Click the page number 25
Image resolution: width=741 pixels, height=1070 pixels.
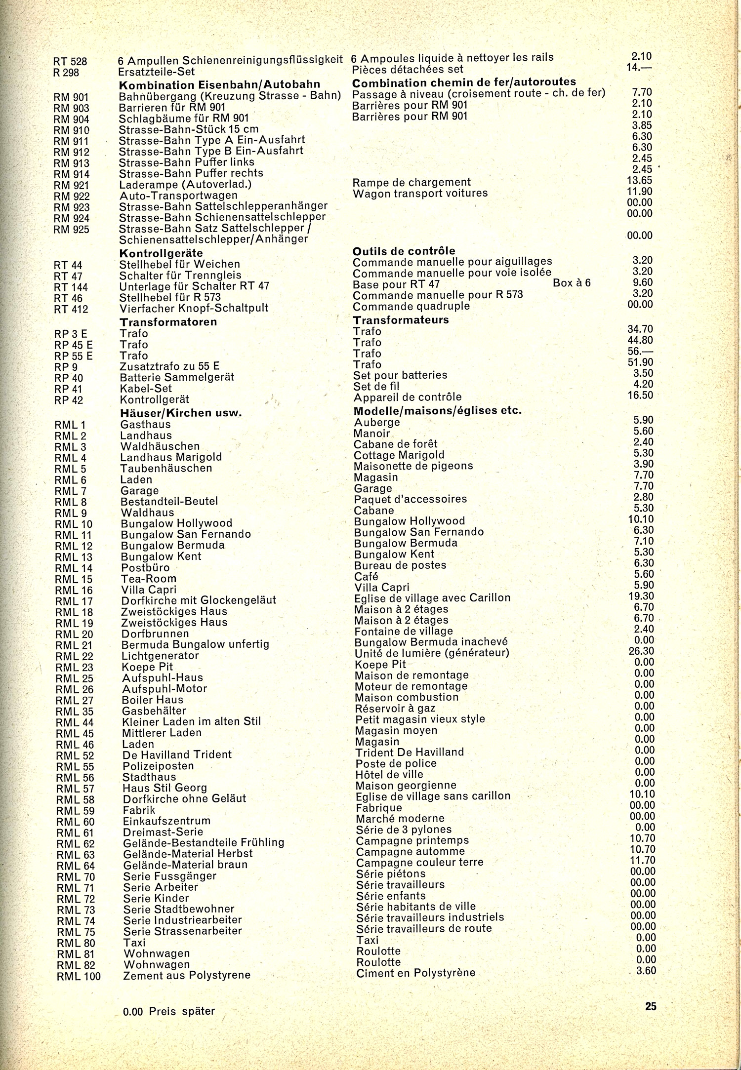tap(651, 1006)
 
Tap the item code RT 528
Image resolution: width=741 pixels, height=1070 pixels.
tap(70, 62)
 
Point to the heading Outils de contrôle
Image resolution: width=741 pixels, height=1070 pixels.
tap(404, 251)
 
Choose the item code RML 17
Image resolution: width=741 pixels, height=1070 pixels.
tap(74, 601)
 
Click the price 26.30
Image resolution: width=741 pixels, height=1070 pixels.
tap(641, 651)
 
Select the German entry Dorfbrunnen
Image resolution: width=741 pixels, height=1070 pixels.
tap(155, 634)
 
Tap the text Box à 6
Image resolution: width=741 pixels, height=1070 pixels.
tap(572, 283)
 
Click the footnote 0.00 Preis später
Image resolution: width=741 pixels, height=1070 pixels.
tap(169, 1011)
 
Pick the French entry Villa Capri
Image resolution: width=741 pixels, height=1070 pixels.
tap(382, 588)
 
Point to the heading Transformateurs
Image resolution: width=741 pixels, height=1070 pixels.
tap(401, 320)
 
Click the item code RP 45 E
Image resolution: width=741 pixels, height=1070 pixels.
tap(74, 345)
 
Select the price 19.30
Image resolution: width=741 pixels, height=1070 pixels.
tap(641, 596)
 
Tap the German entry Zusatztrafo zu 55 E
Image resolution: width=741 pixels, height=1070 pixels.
tap(169, 366)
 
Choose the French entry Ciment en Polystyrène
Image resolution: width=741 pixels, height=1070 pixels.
tap(415, 973)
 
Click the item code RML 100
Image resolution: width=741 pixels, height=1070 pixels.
tap(79, 976)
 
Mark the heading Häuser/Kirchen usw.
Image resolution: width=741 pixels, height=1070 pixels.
tap(181, 413)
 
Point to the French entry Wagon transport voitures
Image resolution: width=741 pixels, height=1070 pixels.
tap(420, 194)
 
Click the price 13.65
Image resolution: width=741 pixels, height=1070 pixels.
tap(640, 181)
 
